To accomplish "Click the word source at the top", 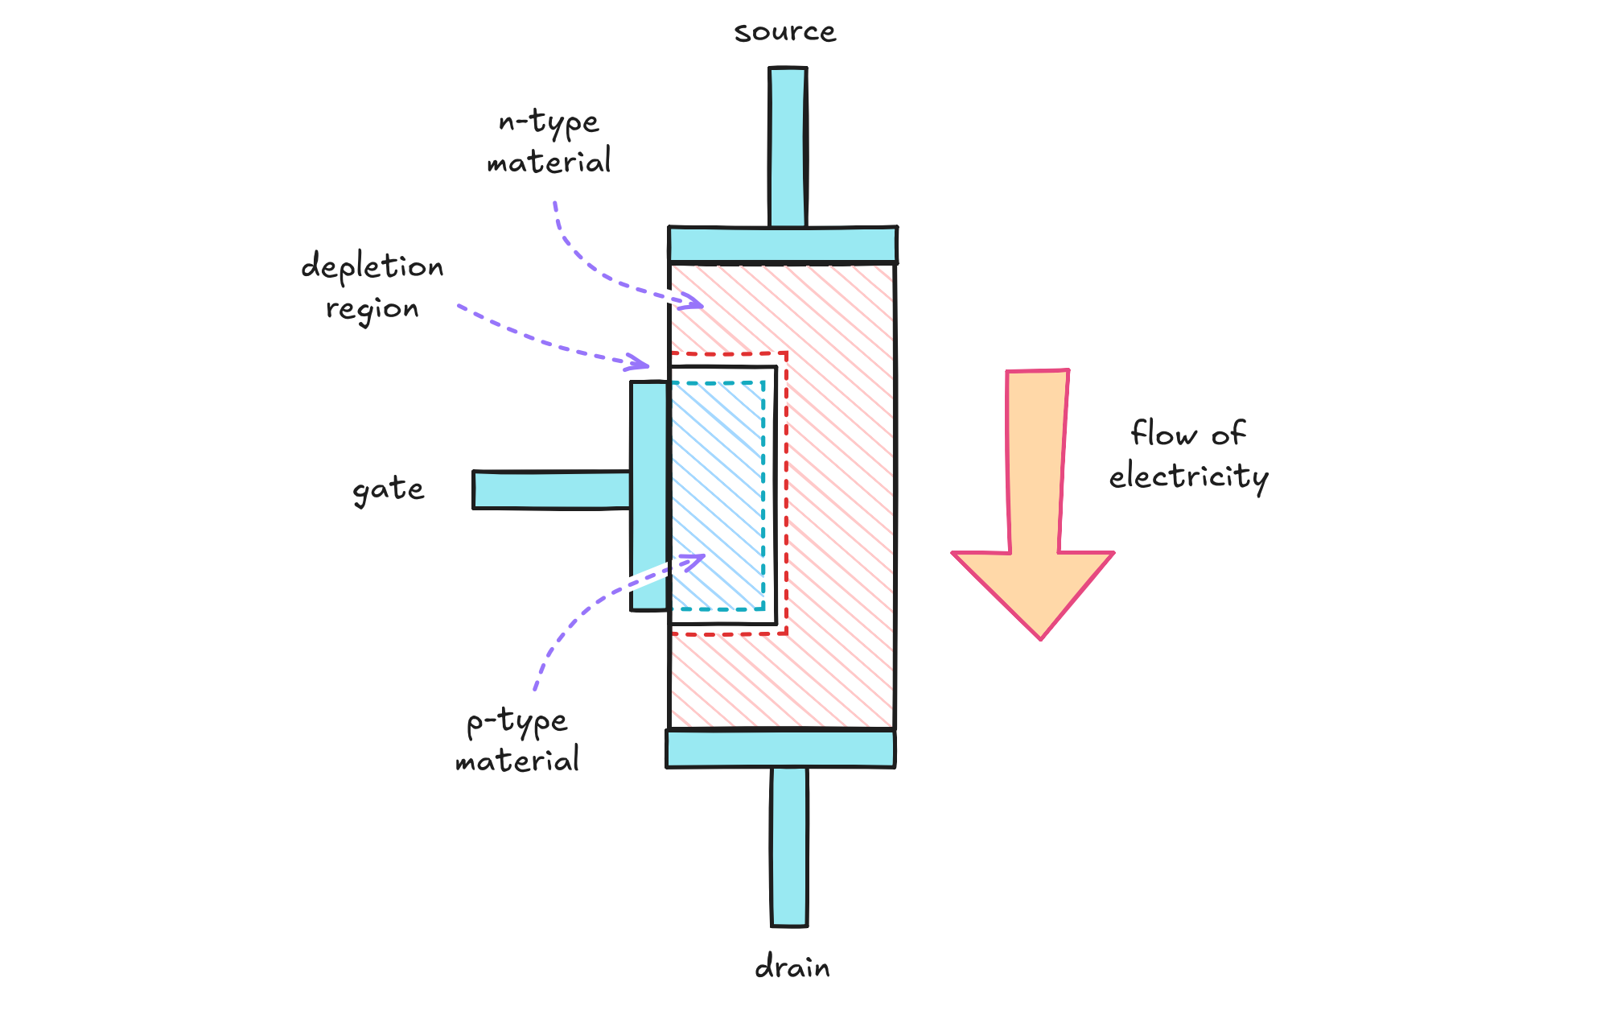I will pos(784,32).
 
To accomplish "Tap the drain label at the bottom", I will pos(792,967).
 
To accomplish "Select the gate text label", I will pos(388,489).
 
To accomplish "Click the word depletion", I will pos(372,266).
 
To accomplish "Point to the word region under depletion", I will pos(372,309).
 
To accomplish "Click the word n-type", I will pos(549,122).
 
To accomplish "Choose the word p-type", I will pos(517,722).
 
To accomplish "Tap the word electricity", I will pos(1188,476).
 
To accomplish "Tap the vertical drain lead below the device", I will pos(789,845).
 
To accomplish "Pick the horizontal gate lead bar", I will pos(551,490).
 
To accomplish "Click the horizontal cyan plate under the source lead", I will pos(783,245).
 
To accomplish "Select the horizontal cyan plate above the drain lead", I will pos(780,749).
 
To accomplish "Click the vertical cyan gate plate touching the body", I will pos(649,495).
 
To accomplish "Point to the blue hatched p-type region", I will pos(717,495).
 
